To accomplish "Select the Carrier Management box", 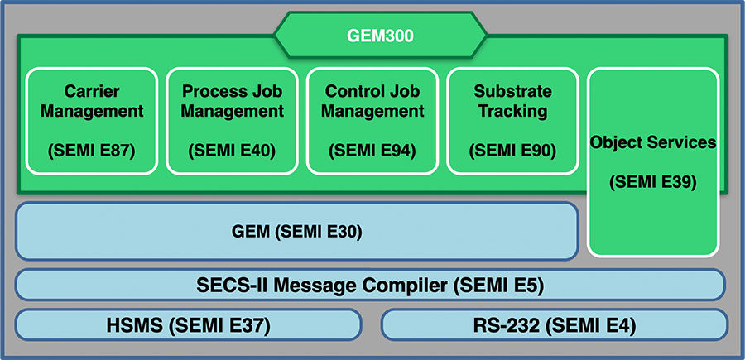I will coord(92,121).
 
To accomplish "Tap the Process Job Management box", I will coord(232,121).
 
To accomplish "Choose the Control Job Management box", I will coord(372,121).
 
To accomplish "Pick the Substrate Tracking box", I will coord(512,121).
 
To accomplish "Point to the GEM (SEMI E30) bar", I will coord(296,232).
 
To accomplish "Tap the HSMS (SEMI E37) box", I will coord(188,324).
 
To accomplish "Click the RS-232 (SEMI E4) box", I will coord(555,324).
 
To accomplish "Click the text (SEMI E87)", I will coord(92,151).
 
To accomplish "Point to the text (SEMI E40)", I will coord(232,151).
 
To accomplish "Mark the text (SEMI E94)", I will coord(372,151).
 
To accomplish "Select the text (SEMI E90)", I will coord(512,151).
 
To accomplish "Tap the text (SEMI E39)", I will coord(653,181).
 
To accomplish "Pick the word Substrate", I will coord(512,91).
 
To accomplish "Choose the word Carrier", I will coord(92,91).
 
